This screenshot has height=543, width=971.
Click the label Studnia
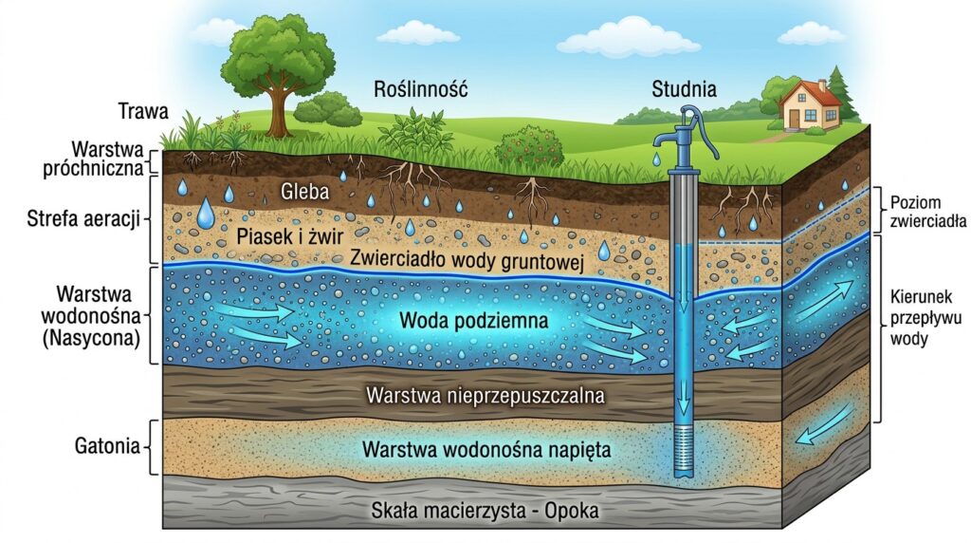pos(684,90)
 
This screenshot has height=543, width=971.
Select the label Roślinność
pos(421,90)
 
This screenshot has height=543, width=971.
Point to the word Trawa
pos(142,110)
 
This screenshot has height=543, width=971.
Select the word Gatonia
pos(105,445)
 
